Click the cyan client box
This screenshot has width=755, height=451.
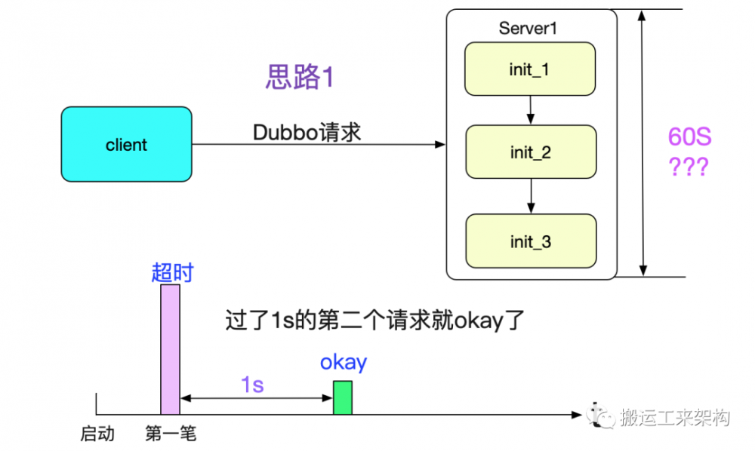[x=126, y=144]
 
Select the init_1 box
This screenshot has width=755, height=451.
[x=530, y=69]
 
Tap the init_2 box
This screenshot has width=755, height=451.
[x=531, y=152]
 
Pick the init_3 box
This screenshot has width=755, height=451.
[x=531, y=241]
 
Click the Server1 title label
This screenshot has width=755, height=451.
[x=528, y=29]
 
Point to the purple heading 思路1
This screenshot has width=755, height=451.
[x=300, y=77]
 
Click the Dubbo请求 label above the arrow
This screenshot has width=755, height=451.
[x=307, y=132]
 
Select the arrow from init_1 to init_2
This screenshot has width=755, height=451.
[x=530, y=110]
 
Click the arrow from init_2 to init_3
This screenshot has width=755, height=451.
[x=531, y=196]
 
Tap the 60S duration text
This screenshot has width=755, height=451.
[x=689, y=137]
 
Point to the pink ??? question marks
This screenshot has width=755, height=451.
[x=689, y=167]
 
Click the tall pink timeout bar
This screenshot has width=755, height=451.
[x=170, y=349]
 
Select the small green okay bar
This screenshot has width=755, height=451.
[x=343, y=397]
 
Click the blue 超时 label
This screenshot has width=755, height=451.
[x=172, y=272]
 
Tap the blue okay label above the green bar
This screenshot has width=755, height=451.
[x=344, y=363]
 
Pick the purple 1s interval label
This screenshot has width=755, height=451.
[x=252, y=385]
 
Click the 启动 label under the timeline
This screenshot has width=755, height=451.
[x=97, y=434]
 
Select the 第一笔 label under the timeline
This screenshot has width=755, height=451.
[x=171, y=434]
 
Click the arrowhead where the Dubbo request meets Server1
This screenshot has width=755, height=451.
[x=440, y=144]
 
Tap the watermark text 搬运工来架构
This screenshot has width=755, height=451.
[x=675, y=417]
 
